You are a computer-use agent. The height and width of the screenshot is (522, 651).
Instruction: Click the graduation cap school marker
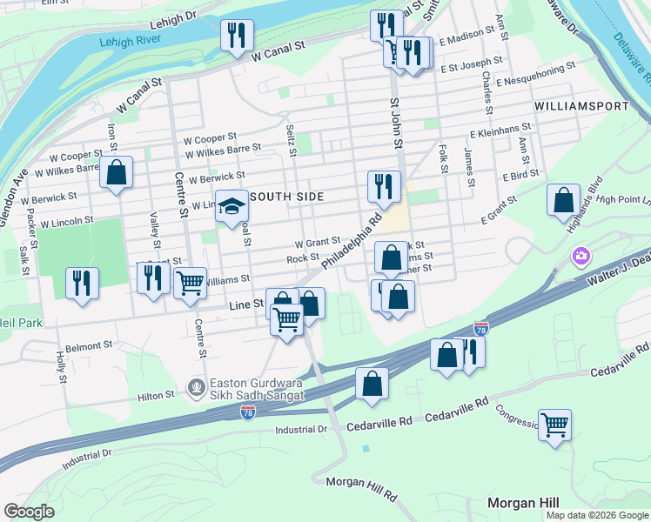point(232,207)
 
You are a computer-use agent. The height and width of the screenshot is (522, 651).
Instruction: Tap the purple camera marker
point(580,257)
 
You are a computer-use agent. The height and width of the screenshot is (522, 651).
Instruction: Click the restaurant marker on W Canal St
point(235,36)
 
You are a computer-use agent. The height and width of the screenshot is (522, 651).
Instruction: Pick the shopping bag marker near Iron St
point(116,172)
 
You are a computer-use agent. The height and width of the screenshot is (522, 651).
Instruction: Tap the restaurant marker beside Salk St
point(82,283)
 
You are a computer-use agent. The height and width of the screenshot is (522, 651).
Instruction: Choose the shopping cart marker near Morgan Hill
point(554,425)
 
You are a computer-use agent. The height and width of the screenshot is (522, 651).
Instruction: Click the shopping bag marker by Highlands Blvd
point(563,200)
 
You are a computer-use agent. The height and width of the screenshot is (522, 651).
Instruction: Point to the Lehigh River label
point(131,41)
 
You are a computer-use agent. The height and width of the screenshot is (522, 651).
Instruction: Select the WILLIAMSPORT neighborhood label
point(581,105)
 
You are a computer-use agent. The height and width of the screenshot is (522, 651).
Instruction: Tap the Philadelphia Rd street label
point(352,242)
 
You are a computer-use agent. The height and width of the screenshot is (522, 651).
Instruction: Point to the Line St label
point(246,304)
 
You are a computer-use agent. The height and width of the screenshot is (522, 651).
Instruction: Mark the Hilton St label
point(158,395)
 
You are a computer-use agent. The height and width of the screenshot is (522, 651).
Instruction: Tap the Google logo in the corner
point(29,512)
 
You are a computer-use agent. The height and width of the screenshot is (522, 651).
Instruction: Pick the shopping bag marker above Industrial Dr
point(372,384)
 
